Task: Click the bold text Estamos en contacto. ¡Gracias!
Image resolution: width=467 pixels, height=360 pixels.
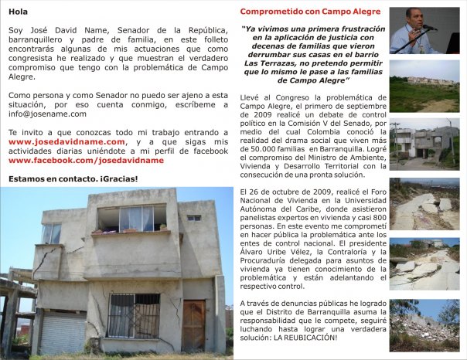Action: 73,179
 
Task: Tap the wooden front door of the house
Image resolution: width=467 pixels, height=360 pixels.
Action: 193,324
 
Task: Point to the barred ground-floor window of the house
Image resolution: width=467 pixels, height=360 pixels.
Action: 133,315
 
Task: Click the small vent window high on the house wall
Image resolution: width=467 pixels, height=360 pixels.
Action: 193,218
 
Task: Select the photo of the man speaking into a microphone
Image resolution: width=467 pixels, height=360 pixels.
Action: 424,31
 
